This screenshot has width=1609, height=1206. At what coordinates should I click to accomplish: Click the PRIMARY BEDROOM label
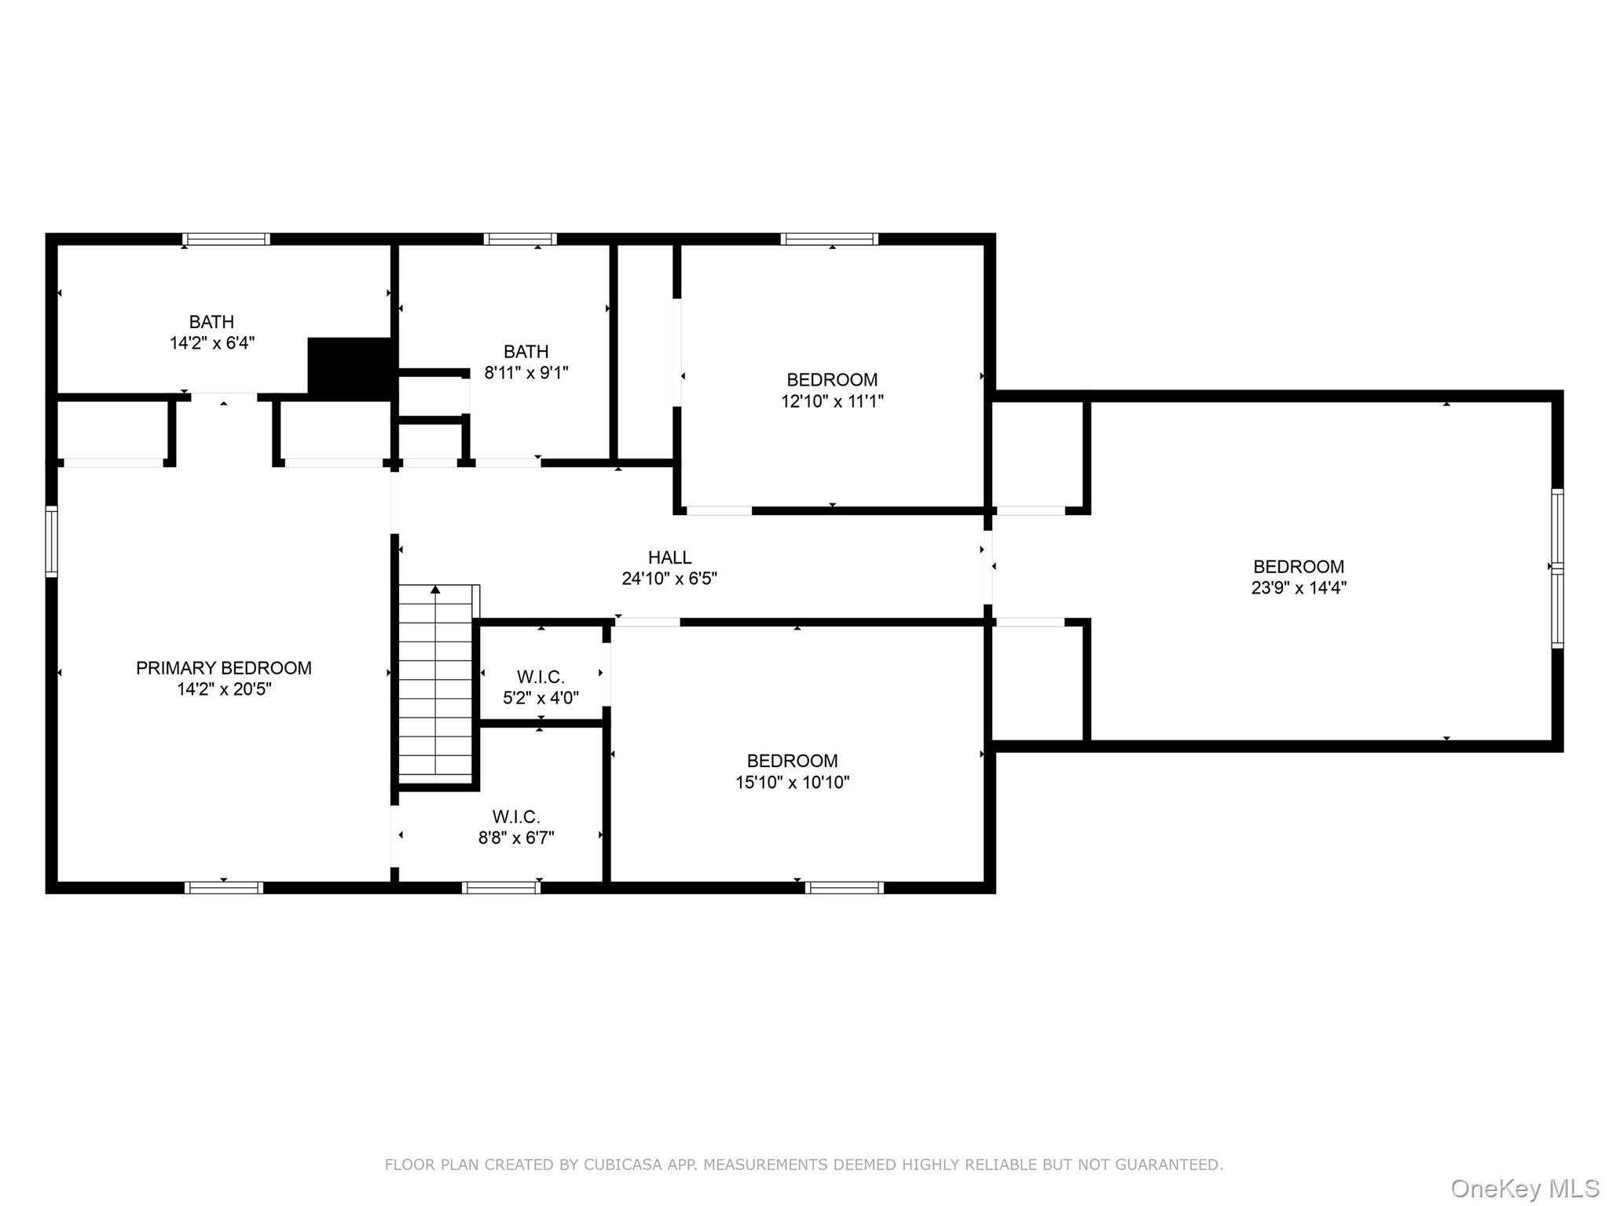pos(224,668)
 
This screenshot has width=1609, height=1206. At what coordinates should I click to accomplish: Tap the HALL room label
pos(669,557)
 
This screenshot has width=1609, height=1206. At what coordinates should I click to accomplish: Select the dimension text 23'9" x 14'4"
pos(1299,588)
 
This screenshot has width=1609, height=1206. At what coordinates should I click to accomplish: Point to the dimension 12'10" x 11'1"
pos(832,401)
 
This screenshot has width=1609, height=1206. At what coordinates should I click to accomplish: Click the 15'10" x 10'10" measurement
pos(792,782)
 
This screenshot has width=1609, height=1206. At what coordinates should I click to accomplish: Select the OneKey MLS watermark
pos(1525,1189)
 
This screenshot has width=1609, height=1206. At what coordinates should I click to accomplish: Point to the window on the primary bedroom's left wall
pos(52,542)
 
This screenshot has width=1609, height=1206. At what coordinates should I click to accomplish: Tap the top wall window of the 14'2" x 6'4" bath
pos(226,239)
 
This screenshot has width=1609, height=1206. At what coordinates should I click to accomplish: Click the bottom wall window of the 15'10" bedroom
pos(845,888)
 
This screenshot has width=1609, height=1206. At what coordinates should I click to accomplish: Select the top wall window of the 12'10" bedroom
pos(830,239)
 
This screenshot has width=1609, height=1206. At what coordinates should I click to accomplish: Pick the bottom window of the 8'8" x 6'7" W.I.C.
pos(501,888)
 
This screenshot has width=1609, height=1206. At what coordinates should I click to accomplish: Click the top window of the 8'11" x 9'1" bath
pos(520,239)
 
